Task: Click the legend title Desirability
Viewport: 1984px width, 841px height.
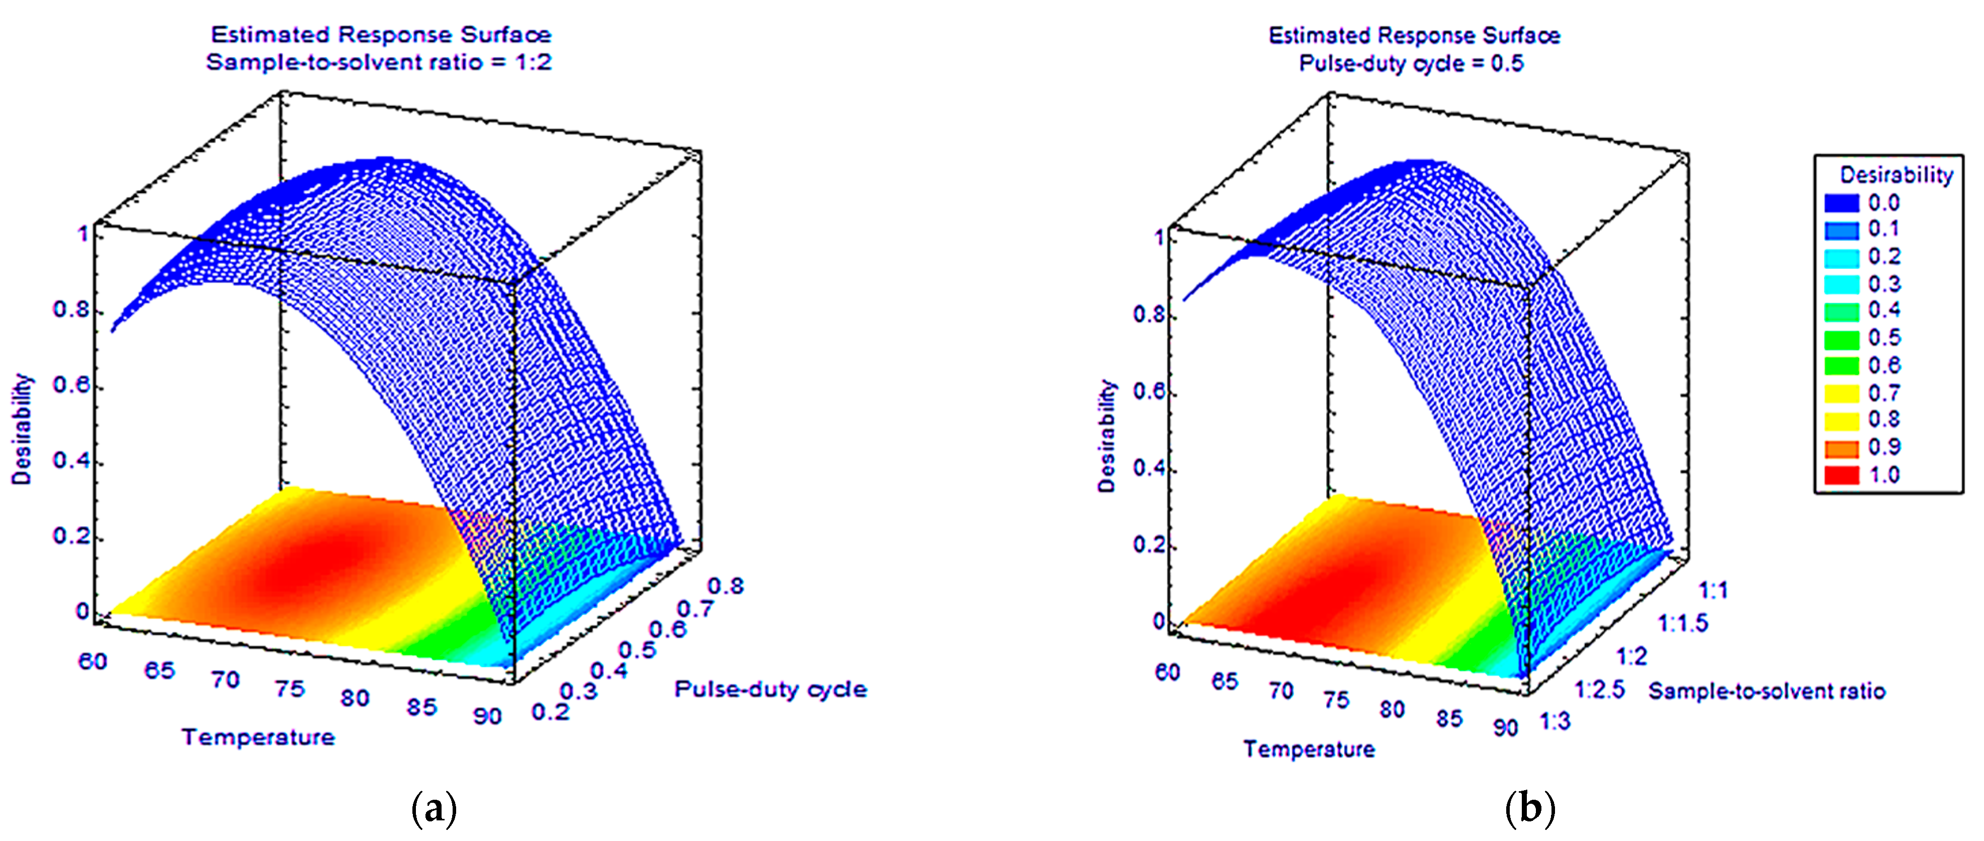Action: pos(1896,175)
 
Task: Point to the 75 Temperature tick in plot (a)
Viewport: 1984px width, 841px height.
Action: pos(290,689)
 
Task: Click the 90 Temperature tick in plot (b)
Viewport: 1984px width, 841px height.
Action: pos(1504,727)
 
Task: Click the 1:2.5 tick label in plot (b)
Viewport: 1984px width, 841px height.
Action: pos(1599,689)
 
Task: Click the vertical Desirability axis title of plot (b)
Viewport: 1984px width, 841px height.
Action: pos(1107,436)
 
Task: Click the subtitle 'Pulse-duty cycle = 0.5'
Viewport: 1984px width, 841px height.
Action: pos(1411,63)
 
